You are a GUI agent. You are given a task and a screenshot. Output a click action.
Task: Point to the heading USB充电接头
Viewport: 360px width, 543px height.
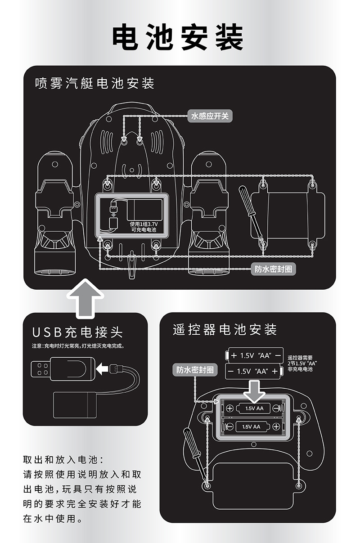click(x=77, y=332)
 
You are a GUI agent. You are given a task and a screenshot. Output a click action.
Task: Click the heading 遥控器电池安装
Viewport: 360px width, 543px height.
click(x=225, y=329)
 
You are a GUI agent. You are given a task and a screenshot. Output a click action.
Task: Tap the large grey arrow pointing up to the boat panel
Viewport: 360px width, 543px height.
click(x=85, y=298)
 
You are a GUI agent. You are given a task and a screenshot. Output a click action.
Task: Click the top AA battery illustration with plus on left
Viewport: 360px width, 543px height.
click(x=256, y=355)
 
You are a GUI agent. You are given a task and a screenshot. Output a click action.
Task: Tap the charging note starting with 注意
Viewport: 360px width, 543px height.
click(x=77, y=346)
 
